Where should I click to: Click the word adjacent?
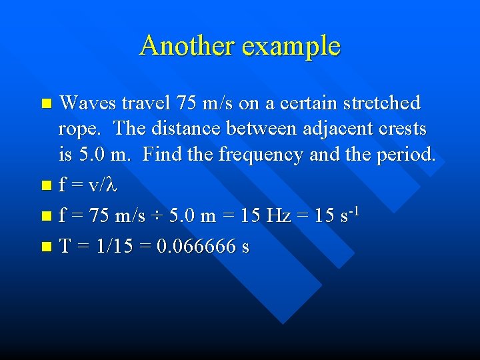click(x=320, y=128)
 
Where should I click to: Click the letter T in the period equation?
click(x=65, y=247)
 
